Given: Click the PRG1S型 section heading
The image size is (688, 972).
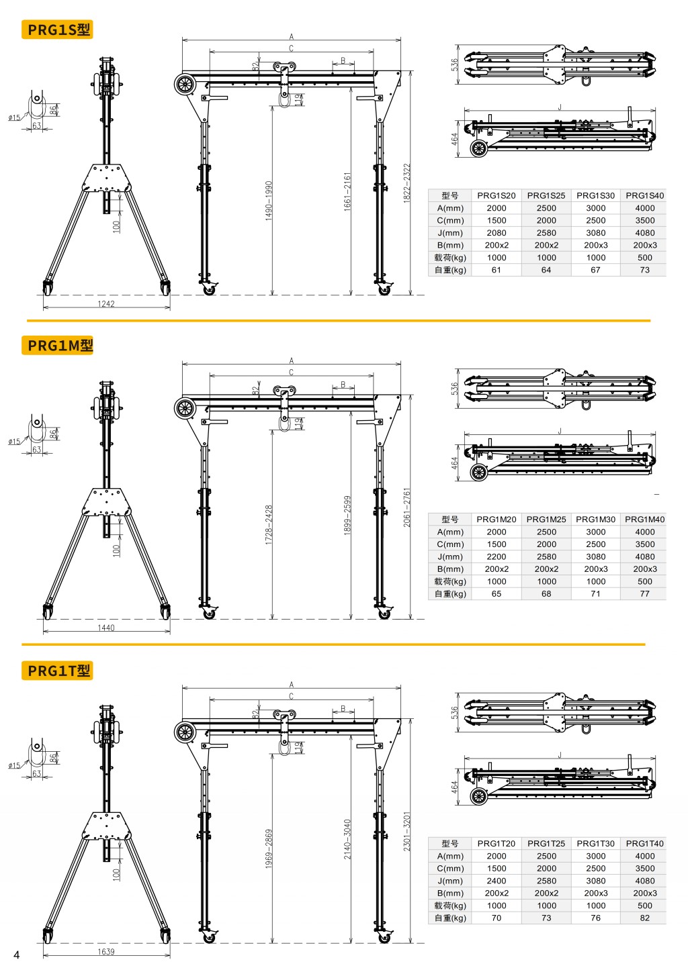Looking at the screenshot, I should pos(58,30).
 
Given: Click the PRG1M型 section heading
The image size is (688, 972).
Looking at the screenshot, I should pos(59,346).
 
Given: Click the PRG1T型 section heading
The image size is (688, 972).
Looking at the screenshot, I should pos(58,671).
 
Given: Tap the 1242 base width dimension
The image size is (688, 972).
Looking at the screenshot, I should pos(106,304).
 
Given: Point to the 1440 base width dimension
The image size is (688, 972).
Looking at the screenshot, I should pos(106,628).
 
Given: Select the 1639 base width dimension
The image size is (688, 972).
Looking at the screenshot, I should pos(106,952).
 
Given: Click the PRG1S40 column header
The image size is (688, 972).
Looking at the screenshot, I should pos(644,196).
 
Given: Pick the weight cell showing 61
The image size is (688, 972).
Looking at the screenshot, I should pos(497,271).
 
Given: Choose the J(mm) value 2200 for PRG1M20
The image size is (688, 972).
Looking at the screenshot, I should pos(497,557).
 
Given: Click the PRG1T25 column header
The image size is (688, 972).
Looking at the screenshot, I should pos(546,844).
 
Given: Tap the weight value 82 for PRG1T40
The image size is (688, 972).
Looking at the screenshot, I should pos(644,918).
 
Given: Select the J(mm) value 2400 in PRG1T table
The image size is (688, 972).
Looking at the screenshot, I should pos(497,881).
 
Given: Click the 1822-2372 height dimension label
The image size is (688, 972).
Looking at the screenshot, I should pos(406,183).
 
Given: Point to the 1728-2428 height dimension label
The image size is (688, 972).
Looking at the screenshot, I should pos(269,524).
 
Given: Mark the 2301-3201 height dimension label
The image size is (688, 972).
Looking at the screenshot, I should pos(406,832).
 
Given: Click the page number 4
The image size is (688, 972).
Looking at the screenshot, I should pos(17,955).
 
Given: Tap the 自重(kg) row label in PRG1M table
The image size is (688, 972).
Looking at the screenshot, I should pos(450,594).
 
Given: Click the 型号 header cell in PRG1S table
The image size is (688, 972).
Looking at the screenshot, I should pos(450,196).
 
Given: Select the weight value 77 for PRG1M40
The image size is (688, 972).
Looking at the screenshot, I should pos(644,594).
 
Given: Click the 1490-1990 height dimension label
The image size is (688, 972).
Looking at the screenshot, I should pos(269,200).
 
